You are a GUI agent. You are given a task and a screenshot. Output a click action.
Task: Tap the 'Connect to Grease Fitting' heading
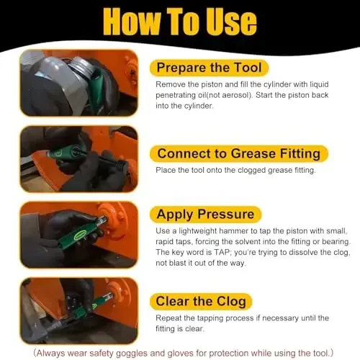pos(238,153)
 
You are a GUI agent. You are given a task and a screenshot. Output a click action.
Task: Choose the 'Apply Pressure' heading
pos(205,214)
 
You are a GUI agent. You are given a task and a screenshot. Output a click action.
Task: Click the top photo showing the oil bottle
pos(78,83)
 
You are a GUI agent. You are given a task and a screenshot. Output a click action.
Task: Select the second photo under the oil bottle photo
pos(78,158)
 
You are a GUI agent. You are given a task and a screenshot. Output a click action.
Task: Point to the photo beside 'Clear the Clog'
pos(78,309)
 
